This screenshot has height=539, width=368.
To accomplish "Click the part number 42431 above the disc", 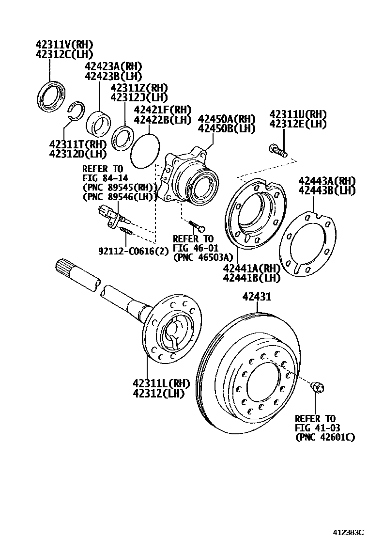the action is pos(257,296).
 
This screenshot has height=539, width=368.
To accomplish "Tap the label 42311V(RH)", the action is pos(64,45).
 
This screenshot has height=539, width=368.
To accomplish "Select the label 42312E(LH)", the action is pos(298,124).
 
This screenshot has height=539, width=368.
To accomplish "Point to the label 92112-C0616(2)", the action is pos(134,251).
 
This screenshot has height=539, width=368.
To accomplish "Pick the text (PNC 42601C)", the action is pos(325,437).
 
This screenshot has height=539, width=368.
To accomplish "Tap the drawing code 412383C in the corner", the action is pos(347,533).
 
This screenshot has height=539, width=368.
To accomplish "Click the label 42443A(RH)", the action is pos(326,181).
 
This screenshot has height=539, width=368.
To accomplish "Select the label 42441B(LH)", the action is pos(252,278).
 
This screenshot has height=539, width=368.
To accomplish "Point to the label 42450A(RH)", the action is pos(227,119).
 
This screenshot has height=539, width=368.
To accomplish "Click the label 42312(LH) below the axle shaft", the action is pos(159,393).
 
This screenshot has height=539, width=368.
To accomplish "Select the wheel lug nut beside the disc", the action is pos(318,387).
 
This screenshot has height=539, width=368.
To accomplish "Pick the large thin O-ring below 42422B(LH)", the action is pos(145,151).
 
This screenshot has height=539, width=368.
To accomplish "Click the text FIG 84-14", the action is pos(105,178).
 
